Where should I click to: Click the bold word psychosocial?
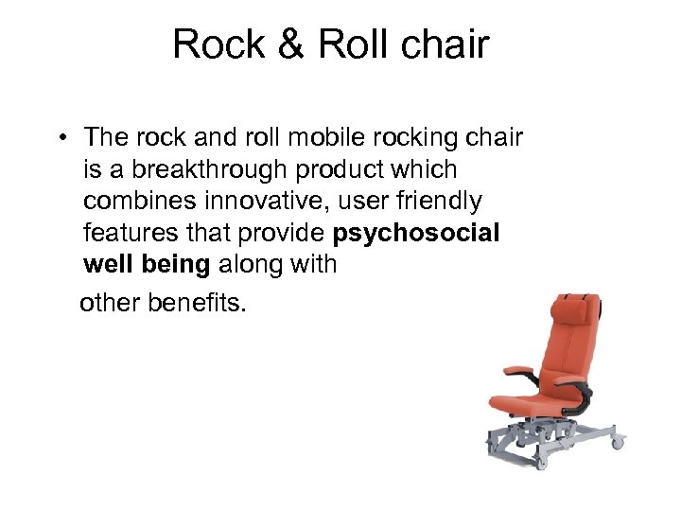pyautogui.click(x=416, y=233)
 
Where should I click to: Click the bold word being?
pyautogui.click(x=176, y=264)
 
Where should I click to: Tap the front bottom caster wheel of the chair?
pyautogui.click(x=541, y=463)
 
